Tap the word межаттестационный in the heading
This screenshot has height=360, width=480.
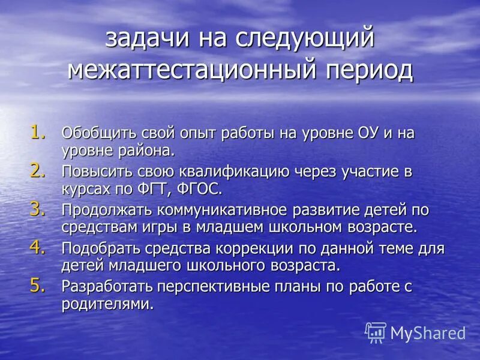[187, 70]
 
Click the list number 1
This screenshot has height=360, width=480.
[37, 131]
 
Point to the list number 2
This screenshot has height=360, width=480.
[37, 170]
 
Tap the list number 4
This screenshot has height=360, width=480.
[37, 247]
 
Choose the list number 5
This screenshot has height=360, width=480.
[37, 286]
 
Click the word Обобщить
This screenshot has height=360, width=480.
[101, 133]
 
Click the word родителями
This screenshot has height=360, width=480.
[107, 304]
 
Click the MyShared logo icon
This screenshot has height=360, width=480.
[376, 332]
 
